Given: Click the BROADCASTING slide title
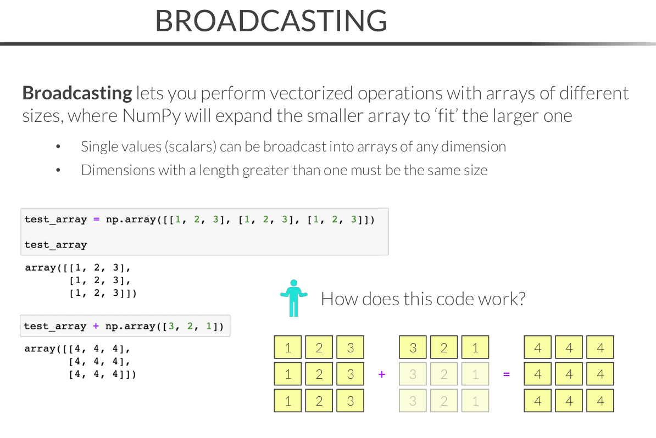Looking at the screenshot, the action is tap(271, 20).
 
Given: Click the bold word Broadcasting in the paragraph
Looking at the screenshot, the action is tap(77, 93).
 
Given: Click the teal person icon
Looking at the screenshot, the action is tap(294, 298).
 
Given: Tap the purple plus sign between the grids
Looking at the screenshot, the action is tap(381, 374).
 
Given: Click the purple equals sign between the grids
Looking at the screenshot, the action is tap(506, 374).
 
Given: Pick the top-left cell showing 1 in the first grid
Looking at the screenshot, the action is tap(288, 347).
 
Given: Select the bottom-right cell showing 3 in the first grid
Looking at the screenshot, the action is tap(350, 401).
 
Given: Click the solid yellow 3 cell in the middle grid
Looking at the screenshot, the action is tap(413, 347).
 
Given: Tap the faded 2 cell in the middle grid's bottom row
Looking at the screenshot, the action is tap(444, 401).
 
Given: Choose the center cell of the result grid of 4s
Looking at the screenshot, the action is tap(569, 374).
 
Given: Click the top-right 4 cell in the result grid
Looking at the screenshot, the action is tap(600, 347).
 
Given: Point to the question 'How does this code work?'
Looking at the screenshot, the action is tap(423, 299).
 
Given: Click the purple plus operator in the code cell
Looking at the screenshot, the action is tap(96, 326).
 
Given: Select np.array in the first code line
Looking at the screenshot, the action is tap(131, 220).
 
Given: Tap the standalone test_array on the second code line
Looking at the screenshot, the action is tap(55, 245).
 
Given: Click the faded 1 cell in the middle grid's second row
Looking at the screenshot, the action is tap(475, 374).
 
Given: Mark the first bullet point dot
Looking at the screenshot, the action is tap(58, 147).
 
